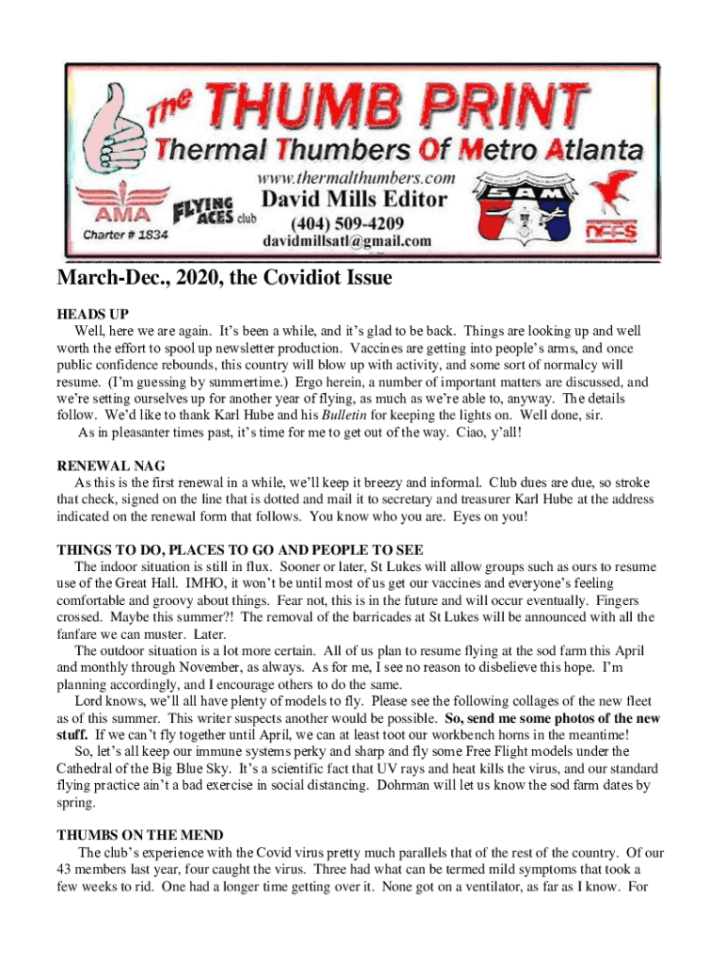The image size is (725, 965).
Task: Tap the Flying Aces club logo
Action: click(204, 216)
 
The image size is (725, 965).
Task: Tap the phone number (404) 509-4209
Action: click(346, 223)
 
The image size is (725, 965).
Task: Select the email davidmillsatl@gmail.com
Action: click(346, 241)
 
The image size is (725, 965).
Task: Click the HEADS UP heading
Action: click(92, 314)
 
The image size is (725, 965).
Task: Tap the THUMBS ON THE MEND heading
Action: click(140, 835)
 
